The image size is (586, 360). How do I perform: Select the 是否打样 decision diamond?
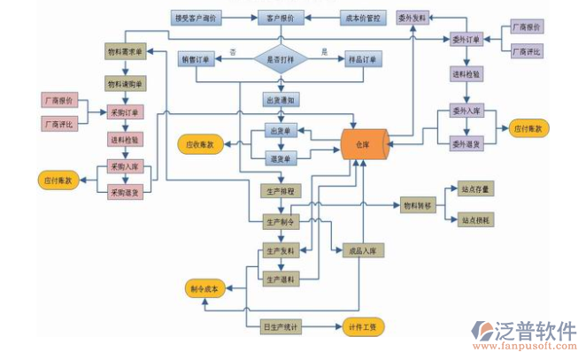[x=281, y=59]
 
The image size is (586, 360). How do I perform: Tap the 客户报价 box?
[x=281, y=17]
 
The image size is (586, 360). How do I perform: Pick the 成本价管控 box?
[x=362, y=17]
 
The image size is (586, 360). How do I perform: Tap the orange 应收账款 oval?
[x=201, y=142]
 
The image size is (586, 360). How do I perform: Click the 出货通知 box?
[x=281, y=100]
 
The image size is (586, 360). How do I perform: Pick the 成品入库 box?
[x=361, y=250]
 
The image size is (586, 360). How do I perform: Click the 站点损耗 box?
[x=476, y=219]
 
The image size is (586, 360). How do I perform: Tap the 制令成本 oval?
[x=206, y=289]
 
